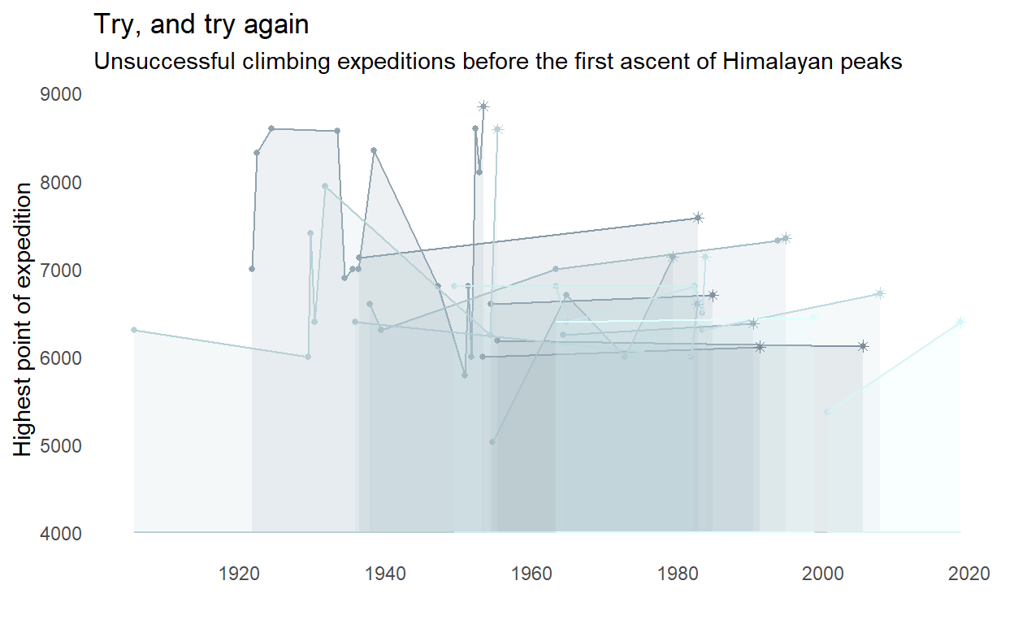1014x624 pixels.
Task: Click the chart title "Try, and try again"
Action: (x=201, y=24)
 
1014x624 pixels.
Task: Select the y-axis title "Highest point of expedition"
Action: (x=24, y=318)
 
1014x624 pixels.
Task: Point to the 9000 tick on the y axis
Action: (x=61, y=94)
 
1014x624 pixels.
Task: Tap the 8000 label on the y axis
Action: (x=61, y=183)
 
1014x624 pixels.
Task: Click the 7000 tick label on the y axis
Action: (x=61, y=271)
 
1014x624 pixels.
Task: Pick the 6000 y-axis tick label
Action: (x=61, y=358)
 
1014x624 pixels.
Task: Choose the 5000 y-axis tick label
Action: (x=61, y=446)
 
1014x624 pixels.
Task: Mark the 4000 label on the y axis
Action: (x=61, y=534)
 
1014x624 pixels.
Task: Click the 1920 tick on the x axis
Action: (x=239, y=573)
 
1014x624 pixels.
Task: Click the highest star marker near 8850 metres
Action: (x=483, y=106)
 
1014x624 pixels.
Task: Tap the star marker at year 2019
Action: (x=960, y=323)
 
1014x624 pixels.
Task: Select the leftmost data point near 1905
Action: (x=134, y=330)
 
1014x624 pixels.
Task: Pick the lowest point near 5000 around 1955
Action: (x=492, y=442)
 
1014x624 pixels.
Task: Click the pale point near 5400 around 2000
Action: (x=827, y=412)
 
